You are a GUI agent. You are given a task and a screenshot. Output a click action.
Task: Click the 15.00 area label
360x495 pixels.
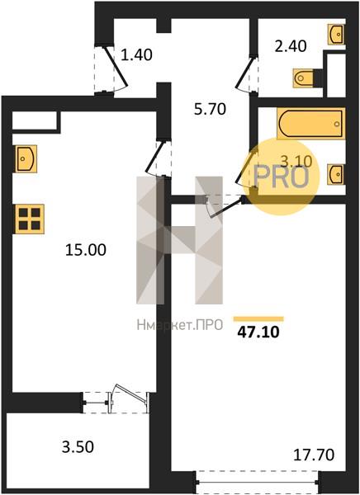point(86,250)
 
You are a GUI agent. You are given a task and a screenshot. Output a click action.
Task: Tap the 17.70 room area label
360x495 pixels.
point(314,455)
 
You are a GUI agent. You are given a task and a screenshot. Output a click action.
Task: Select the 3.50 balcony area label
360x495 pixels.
point(78,447)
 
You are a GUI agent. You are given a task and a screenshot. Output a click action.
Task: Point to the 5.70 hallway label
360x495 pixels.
point(211,109)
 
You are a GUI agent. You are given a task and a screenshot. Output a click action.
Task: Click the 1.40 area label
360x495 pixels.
point(137,54)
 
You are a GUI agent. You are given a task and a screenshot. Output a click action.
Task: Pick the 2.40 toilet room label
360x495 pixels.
point(291,46)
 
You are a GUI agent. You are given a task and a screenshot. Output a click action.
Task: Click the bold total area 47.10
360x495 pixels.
point(258,332)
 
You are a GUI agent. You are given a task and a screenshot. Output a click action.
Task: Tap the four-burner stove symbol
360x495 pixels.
point(29,219)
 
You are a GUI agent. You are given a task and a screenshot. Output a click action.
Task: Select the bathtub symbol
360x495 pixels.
point(311,124)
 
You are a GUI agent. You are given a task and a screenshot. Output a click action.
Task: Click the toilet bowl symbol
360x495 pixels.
point(305,78)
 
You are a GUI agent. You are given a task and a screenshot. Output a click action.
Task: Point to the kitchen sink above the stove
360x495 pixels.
point(26,158)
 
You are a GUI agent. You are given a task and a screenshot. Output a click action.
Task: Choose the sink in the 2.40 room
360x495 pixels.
point(336,34)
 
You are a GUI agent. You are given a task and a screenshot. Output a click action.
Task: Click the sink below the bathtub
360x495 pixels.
point(336,174)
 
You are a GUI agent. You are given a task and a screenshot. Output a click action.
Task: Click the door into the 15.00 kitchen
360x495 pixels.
point(159,158)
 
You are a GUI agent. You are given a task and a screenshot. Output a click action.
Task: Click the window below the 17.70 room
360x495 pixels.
point(258,482)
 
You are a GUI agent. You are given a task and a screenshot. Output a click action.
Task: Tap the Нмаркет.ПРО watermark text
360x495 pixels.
point(180,325)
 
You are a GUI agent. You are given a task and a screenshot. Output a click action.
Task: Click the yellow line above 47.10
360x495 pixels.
point(258,318)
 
